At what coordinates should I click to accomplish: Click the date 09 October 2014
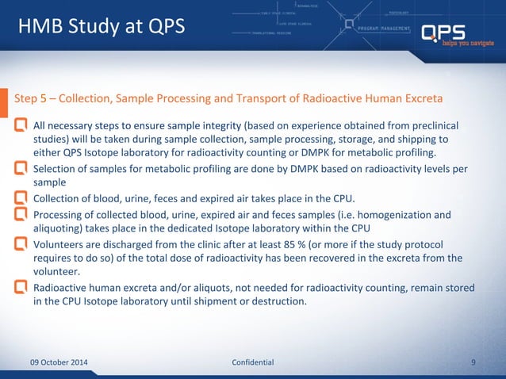tap(59, 362)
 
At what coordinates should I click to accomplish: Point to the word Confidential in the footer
tap(252, 362)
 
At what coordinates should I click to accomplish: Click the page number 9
tap(473, 362)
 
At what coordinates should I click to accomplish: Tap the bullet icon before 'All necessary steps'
tap(21, 125)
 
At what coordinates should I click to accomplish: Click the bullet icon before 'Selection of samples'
tap(21, 168)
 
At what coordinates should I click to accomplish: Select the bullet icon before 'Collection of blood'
tap(21, 197)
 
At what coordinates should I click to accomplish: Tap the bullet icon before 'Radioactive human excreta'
tap(21, 287)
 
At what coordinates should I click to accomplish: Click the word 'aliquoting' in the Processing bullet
tap(59, 228)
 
